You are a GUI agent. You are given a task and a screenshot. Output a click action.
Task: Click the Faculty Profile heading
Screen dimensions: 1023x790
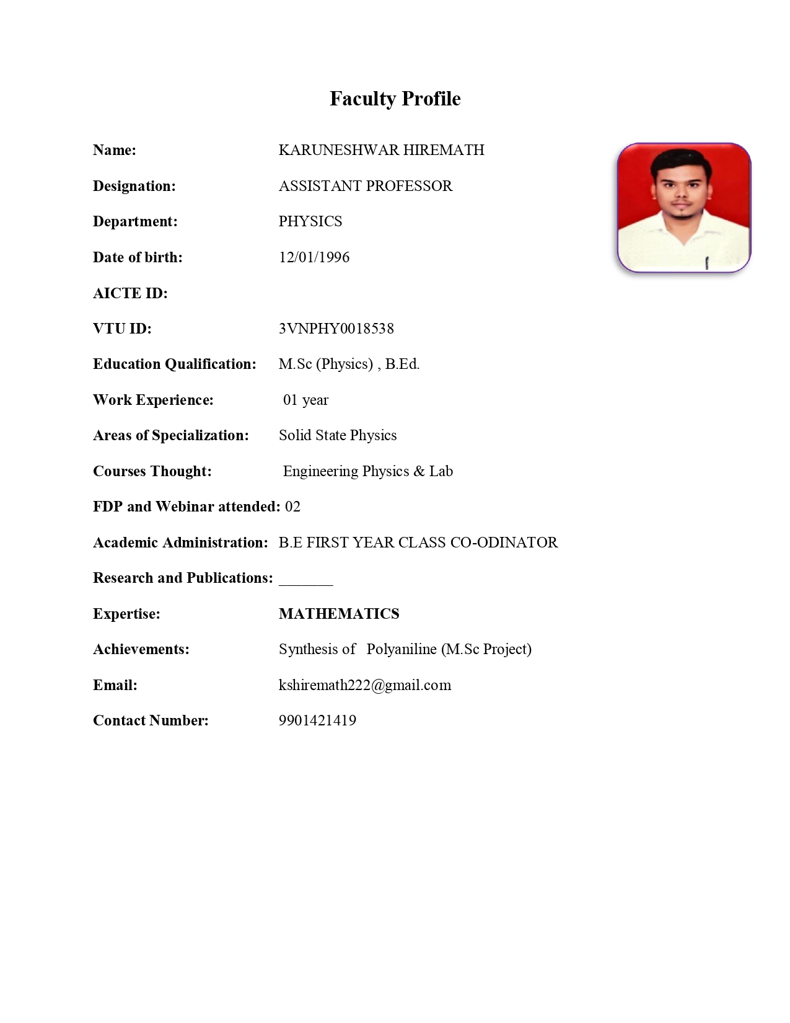[395, 99]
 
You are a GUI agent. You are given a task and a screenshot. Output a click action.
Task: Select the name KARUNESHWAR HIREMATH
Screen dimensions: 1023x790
[381, 150]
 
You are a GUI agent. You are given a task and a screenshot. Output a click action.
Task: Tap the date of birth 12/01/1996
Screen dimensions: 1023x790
[314, 257]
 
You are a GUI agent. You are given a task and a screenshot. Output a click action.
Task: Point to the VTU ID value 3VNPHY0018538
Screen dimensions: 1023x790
[336, 329]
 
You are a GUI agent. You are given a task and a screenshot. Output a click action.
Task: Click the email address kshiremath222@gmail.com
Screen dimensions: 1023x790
[365, 685]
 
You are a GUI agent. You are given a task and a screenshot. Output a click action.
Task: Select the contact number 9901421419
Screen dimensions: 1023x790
[317, 720]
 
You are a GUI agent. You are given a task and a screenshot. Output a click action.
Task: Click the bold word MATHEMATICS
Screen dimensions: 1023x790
[339, 614]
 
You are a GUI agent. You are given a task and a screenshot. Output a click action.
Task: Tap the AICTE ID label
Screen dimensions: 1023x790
[130, 293]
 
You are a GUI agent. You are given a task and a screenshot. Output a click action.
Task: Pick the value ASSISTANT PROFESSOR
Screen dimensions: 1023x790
[366, 186]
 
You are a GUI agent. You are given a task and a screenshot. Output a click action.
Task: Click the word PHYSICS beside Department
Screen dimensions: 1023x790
[310, 221]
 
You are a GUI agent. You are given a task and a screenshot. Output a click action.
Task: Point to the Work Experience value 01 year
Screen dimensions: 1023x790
[305, 400]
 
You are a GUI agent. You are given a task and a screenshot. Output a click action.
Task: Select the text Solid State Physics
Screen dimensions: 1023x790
[338, 435]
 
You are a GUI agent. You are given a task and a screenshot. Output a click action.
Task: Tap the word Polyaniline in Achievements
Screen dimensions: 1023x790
[402, 649]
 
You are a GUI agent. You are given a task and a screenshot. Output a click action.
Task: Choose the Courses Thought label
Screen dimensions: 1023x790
[152, 471]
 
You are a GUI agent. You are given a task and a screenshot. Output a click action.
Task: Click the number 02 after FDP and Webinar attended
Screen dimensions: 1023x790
[292, 507]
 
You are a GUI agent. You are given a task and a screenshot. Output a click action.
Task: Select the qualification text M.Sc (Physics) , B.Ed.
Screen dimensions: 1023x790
[349, 364]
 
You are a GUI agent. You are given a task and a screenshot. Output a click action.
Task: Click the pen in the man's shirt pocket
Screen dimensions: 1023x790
[706, 263]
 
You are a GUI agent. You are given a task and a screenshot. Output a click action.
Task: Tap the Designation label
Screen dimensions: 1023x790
[134, 186]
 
